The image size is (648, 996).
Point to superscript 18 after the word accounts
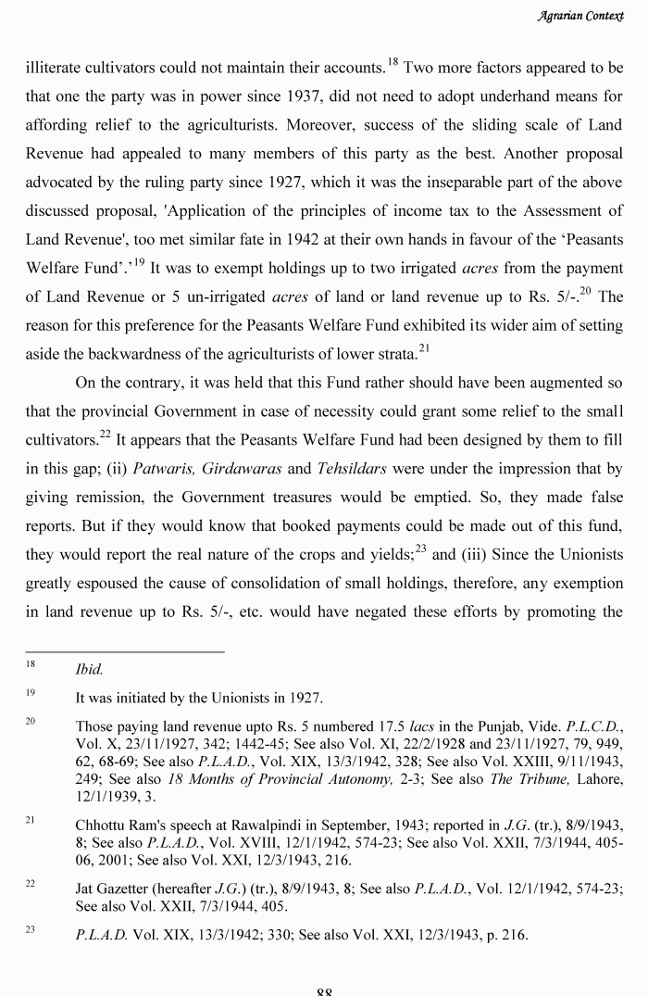[393, 60]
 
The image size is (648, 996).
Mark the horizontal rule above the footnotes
[124, 651]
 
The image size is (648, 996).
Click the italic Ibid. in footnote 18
[89, 668]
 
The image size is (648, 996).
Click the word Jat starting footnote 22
[85, 888]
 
